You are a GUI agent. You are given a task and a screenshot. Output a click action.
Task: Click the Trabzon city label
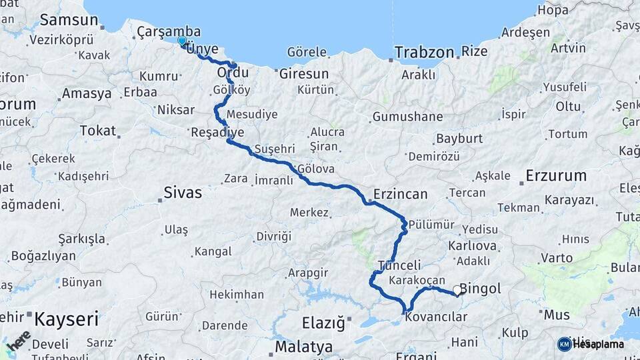pos(423,51)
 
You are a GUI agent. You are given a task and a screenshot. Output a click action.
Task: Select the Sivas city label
pos(182,193)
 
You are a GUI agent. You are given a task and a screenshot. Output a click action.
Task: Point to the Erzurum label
pos(556,176)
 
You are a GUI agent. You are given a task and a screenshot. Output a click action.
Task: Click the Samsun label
pos(69,20)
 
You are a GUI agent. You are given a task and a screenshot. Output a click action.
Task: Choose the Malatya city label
pos(303,347)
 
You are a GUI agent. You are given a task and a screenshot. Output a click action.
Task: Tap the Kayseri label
pos(66,319)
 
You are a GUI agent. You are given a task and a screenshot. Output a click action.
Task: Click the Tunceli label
pos(399,265)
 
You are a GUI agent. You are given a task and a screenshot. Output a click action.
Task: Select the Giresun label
pos(304,73)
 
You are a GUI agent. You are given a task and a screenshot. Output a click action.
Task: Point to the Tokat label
pos(97,131)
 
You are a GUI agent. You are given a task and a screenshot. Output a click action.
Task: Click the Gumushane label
pos(407,117)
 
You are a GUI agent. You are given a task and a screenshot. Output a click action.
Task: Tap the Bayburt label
pos(459,139)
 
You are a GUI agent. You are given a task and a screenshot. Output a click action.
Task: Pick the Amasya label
pos(87,93)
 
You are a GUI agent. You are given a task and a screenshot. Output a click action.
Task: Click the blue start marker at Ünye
pos(182,41)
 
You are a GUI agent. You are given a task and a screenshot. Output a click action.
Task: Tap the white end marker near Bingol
pos(457,290)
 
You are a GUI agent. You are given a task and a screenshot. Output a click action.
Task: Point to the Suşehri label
pos(273,148)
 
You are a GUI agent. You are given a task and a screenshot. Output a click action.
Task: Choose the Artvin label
pos(569,48)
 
